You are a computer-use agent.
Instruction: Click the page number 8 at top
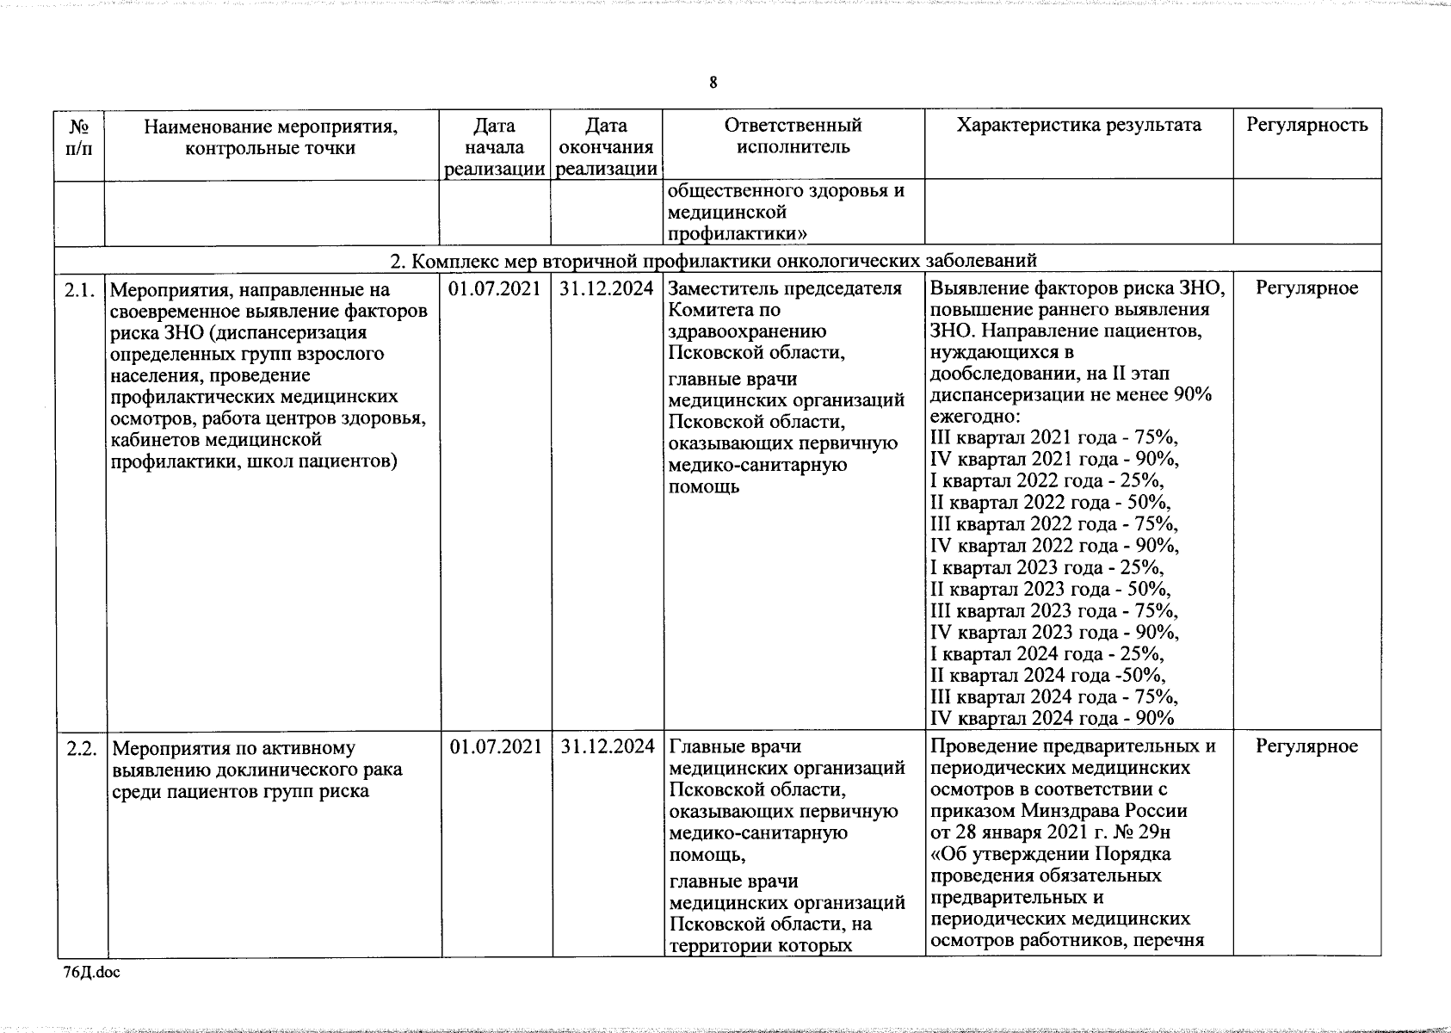point(713,83)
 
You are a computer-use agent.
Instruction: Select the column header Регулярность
point(1306,126)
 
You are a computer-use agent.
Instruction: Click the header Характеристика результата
point(1078,126)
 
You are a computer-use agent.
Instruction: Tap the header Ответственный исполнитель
point(793,136)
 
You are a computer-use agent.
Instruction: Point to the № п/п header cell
point(79,137)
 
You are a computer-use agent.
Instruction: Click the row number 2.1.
point(80,289)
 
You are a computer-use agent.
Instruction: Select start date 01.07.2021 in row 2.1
point(495,288)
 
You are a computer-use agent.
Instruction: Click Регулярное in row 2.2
point(1306,746)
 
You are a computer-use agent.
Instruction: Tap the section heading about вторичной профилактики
point(713,260)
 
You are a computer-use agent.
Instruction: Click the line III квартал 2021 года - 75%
point(1054,437)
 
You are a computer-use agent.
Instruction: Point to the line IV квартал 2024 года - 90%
point(1053,719)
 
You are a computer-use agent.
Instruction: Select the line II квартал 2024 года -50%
point(1048,676)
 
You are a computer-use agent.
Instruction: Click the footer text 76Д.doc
point(92,972)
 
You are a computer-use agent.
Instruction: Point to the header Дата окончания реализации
point(607,147)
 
